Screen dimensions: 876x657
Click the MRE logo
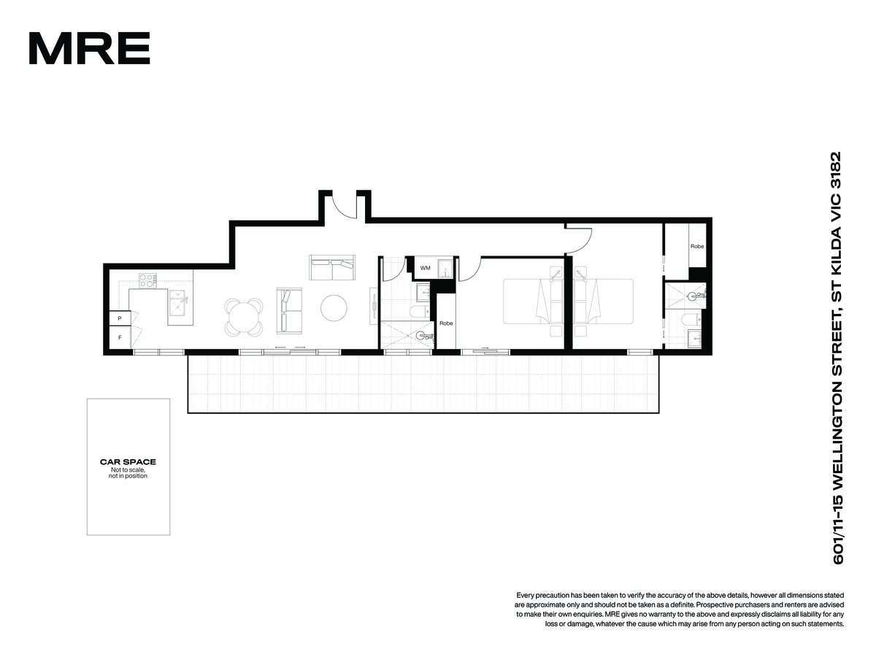point(89,48)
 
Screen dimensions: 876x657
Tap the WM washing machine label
point(425,268)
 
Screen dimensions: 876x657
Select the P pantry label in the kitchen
point(119,318)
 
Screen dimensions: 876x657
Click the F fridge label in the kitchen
point(120,337)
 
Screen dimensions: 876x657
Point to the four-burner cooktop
point(147,280)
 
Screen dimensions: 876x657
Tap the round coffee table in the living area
point(334,307)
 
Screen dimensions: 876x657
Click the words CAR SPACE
point(128,462)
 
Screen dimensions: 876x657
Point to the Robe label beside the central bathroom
point(446,323)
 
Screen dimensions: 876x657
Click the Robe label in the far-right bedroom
point(697,246)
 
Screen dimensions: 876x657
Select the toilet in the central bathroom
point(420,312)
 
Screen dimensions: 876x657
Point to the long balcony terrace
point(423,384)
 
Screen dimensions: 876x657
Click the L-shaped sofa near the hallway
point(332,267)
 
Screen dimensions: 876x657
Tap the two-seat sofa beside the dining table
point(289,311)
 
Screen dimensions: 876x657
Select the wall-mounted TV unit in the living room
point(374,306)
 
